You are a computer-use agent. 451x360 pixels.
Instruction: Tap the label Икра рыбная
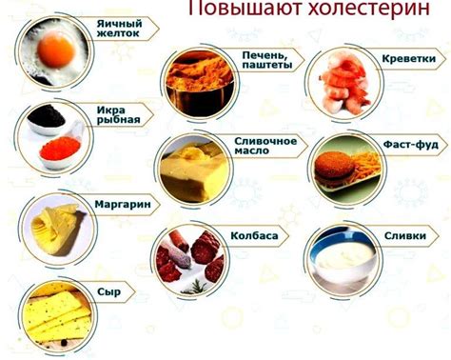point(120,114)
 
